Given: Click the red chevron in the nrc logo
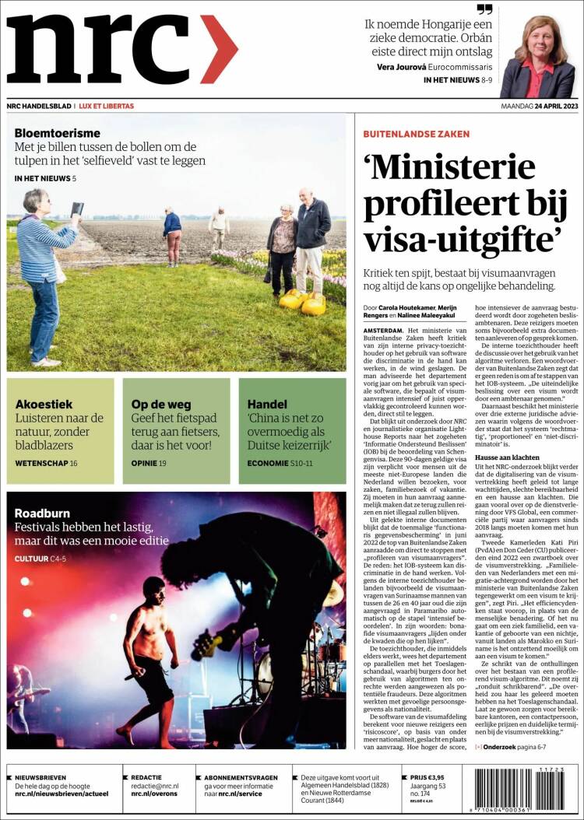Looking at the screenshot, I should tap(219, 49).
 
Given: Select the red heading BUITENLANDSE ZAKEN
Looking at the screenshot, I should tap(417, 134).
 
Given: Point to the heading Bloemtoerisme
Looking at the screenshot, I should tap(57, 133).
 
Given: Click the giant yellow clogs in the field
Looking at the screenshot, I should tap(303, 302).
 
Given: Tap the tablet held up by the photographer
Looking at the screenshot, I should tap(77, 209).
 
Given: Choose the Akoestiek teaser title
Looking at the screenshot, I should tap(44, 404).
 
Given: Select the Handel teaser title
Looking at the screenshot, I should tap(267, 404).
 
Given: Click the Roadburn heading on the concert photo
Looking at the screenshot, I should tap(43, 513).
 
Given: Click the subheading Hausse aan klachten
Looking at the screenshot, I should tap(507, 457).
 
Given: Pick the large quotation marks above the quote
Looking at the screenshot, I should tap(485, 9).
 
